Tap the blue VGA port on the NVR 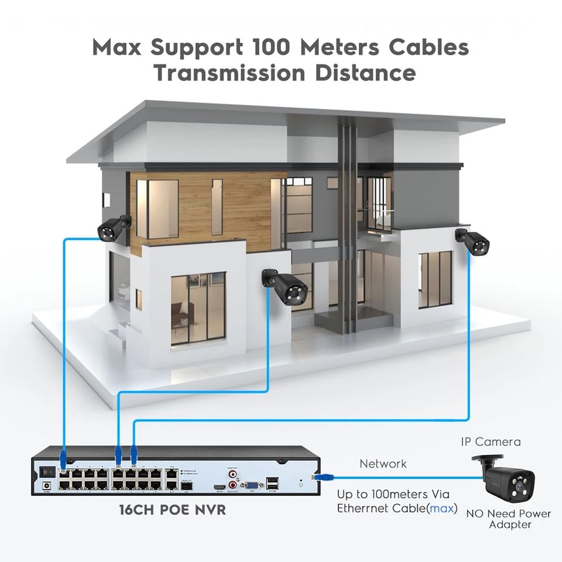(252, 485)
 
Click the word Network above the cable (383, 464)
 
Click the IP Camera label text (491, 442)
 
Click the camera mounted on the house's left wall (113, 227)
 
